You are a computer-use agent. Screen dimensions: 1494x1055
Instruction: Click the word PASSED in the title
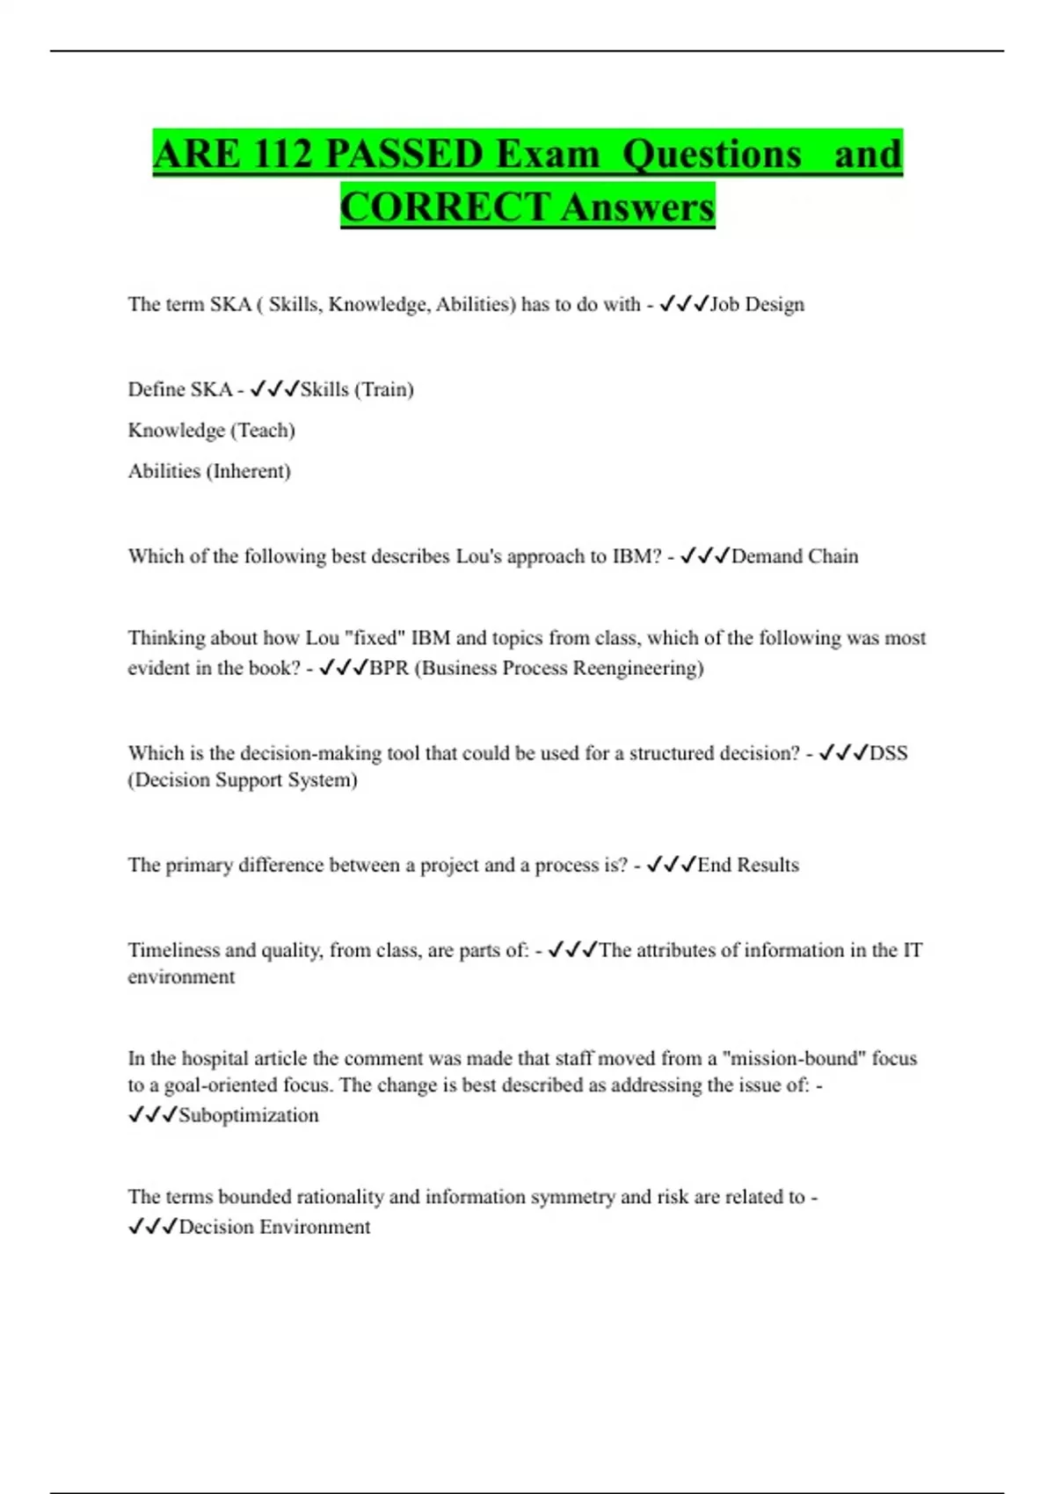click(403, 155)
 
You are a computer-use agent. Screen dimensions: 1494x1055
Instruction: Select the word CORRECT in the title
click(445, 207)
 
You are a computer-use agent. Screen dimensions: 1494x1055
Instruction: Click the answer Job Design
click(757, 304)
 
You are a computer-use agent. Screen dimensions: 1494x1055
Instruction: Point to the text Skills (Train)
click(357, 389)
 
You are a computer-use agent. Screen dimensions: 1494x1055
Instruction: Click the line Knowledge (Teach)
click(211, 431)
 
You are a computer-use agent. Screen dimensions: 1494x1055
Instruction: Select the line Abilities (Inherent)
click(209, 471)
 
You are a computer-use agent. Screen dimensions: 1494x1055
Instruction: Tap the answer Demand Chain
click(795, 556)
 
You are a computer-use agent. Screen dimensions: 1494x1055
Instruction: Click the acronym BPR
click(389, 668)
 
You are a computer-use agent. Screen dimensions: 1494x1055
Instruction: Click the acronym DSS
click(888, 753)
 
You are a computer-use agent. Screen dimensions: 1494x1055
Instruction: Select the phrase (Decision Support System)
click(243, 780)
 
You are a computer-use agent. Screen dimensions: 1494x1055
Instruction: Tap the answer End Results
click(748, 865)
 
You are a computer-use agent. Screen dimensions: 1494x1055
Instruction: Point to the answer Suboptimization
click(249, 1115)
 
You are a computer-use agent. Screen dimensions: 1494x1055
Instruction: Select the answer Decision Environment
click(274, 1227)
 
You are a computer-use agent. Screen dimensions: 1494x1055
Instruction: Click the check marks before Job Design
click(684, 304)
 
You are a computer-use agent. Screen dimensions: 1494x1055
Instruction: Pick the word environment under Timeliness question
click(181, 977)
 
